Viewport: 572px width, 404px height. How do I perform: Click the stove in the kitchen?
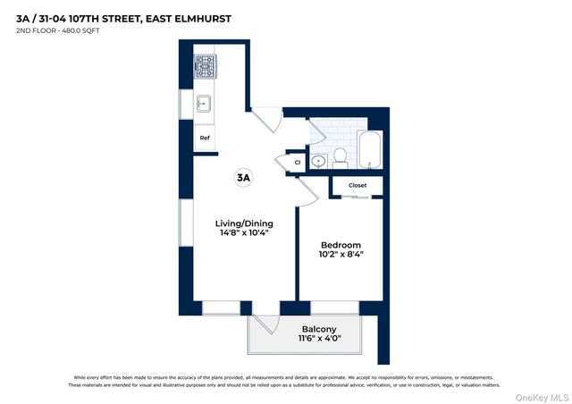click(205, 65)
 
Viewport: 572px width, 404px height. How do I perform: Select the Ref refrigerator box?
click(205, 138)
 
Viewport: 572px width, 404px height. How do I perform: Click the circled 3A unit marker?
click(243, 177)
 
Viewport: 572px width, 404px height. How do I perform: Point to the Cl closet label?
click(297, 162)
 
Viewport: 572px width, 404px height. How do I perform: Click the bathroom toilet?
click(340, 158)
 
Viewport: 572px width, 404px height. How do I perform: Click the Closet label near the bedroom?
click(357, 186)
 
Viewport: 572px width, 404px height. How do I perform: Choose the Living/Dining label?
click(244, 223)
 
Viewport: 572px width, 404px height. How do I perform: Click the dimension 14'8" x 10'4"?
click(244, 234)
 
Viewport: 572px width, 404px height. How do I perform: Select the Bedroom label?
click(341, 245)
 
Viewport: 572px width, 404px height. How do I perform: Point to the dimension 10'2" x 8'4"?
click(341, 256)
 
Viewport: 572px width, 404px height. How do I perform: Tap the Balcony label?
click(307, 329)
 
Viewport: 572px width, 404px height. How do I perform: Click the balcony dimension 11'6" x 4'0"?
click(307, 340)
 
